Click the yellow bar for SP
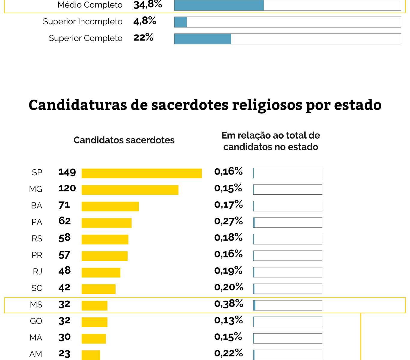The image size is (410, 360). pyautogui.click(x=141, y=173)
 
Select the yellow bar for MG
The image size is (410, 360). pyautogui.click(x=130, y=190)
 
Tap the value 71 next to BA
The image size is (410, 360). pyautogui.click(x=64, y=205)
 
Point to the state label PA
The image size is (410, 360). pyautogui.click(x=37, y=222)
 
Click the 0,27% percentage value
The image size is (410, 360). pyautogui.click(x=228, y=221)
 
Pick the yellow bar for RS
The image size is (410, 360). pyautogui.click(x=105, y=239)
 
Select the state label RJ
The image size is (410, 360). pyautogui.click(x=38, y=271)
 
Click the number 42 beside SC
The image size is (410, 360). pyautogui.click(x=64, y=287)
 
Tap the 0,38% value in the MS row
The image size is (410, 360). pyautogui.click(x=229, y=304)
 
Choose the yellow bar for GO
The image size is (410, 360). pyautogui.click(x=94, y=322)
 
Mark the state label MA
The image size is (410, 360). pyautogui.click(x=36, y=337)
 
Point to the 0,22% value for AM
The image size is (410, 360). pyautogui.click(x=228, y=353)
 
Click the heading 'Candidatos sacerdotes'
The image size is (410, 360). pyautogui.click(x=124, y=140)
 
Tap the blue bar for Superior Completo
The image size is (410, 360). pyautogui.click(x=203, y=39)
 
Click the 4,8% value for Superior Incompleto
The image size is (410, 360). pyautogui.click(x=145, y=21)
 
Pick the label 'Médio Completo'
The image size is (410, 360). pyautogui.click(x=90, y=5)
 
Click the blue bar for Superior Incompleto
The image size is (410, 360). pyautogui.click(x=181, y=22)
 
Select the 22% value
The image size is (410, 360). pyautogui.click(x=143, y=37)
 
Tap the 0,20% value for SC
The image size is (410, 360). pyautogui.click(x=229, y=287)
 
